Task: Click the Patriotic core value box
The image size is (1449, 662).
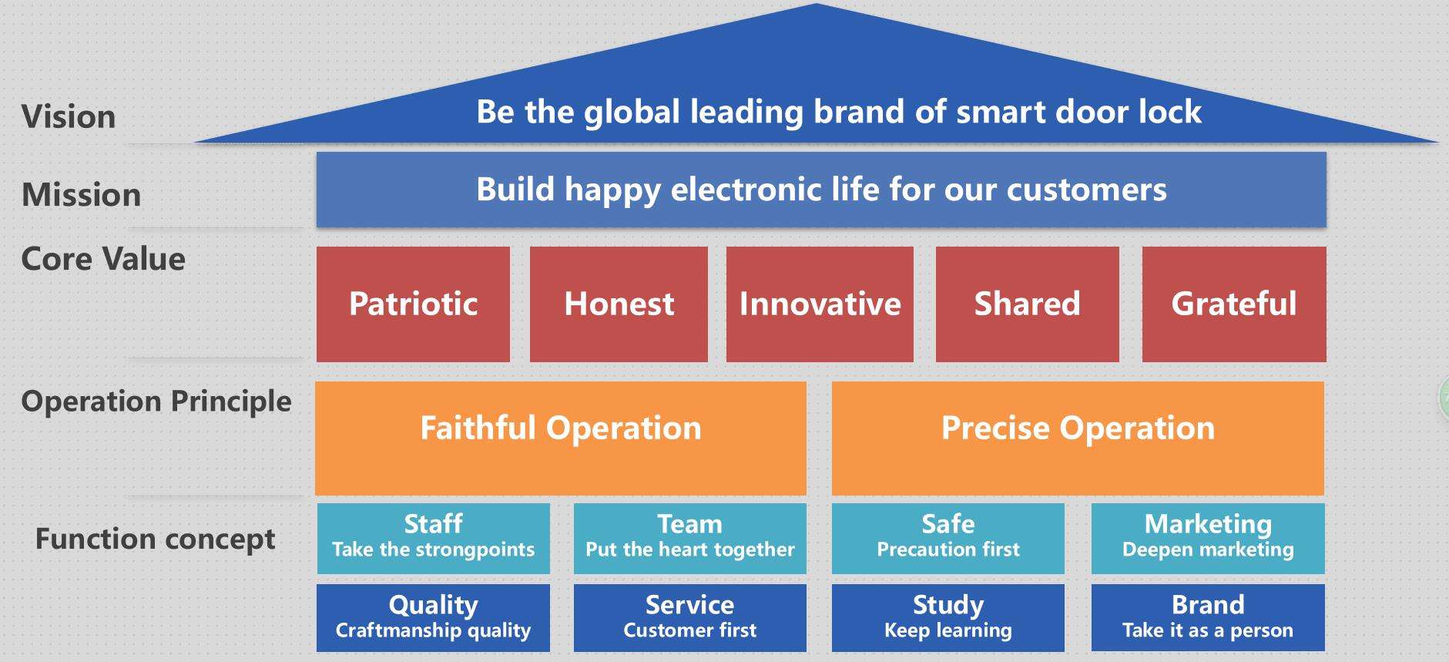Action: (413, 304)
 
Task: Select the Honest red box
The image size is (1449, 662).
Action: (619, 304)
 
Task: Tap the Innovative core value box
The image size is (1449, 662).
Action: (820, 304)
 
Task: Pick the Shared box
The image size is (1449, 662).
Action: (1027, 304)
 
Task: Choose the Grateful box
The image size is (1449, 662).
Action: (1234, 304)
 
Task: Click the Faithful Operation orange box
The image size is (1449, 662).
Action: (561, 438)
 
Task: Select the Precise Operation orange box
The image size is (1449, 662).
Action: (1078, 438)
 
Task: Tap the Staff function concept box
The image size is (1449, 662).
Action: (433, 538)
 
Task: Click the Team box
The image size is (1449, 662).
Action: (689, 538)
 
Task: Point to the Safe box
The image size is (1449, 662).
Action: (948, 538)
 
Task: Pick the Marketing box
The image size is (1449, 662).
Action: (1208, 538)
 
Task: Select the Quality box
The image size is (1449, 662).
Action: (433, 618)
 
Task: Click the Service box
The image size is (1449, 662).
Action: (689, 618)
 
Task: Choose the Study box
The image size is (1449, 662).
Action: (948, 618)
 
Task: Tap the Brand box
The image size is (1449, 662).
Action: (1208, 618)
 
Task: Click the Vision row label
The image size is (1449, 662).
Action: (69, 117)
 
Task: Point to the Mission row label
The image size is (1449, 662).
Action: (82, 195)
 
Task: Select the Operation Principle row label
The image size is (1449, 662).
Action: (156, 402)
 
